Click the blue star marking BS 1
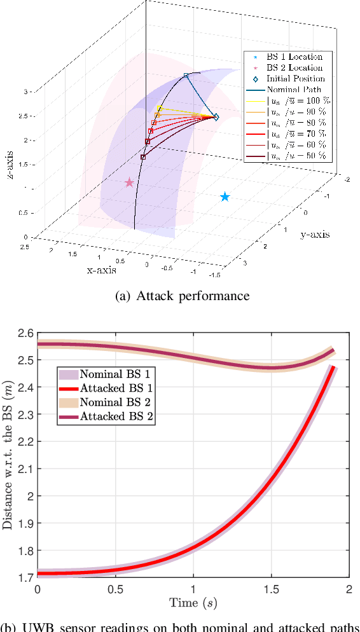point(225,197)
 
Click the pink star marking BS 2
point(130,182)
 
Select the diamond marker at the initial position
point(216,117)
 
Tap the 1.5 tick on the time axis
point(271,589)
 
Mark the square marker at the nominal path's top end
point(186,76)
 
